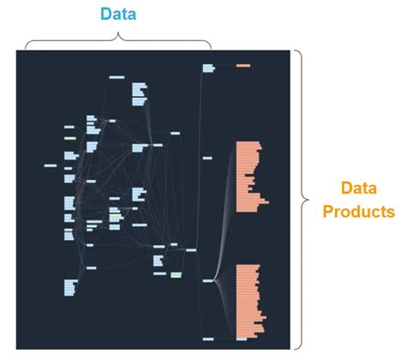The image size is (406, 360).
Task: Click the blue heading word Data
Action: [x=117, y=15]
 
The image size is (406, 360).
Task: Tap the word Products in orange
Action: [x=359, y=211]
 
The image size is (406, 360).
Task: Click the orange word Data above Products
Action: [x=359, y=189]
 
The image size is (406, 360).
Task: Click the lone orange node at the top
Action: [x=243, y=65]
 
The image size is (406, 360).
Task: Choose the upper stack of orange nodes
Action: [x=249, y=177]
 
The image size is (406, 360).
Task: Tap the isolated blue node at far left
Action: [x=50, y=165]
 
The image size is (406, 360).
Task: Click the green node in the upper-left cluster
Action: [x=70, y=138]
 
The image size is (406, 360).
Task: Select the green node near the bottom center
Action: [x=176, y=275]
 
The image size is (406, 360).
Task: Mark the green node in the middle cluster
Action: [x=114, y=216]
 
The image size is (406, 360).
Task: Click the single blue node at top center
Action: [x=117, y=77]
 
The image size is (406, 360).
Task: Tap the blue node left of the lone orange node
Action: [x=208, y=66]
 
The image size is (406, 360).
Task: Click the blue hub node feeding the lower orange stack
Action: [x=207, y=280]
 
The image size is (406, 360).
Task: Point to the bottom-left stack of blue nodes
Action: [x=69, y=287]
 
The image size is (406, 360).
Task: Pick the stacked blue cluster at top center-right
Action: [x=140, y=94]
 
